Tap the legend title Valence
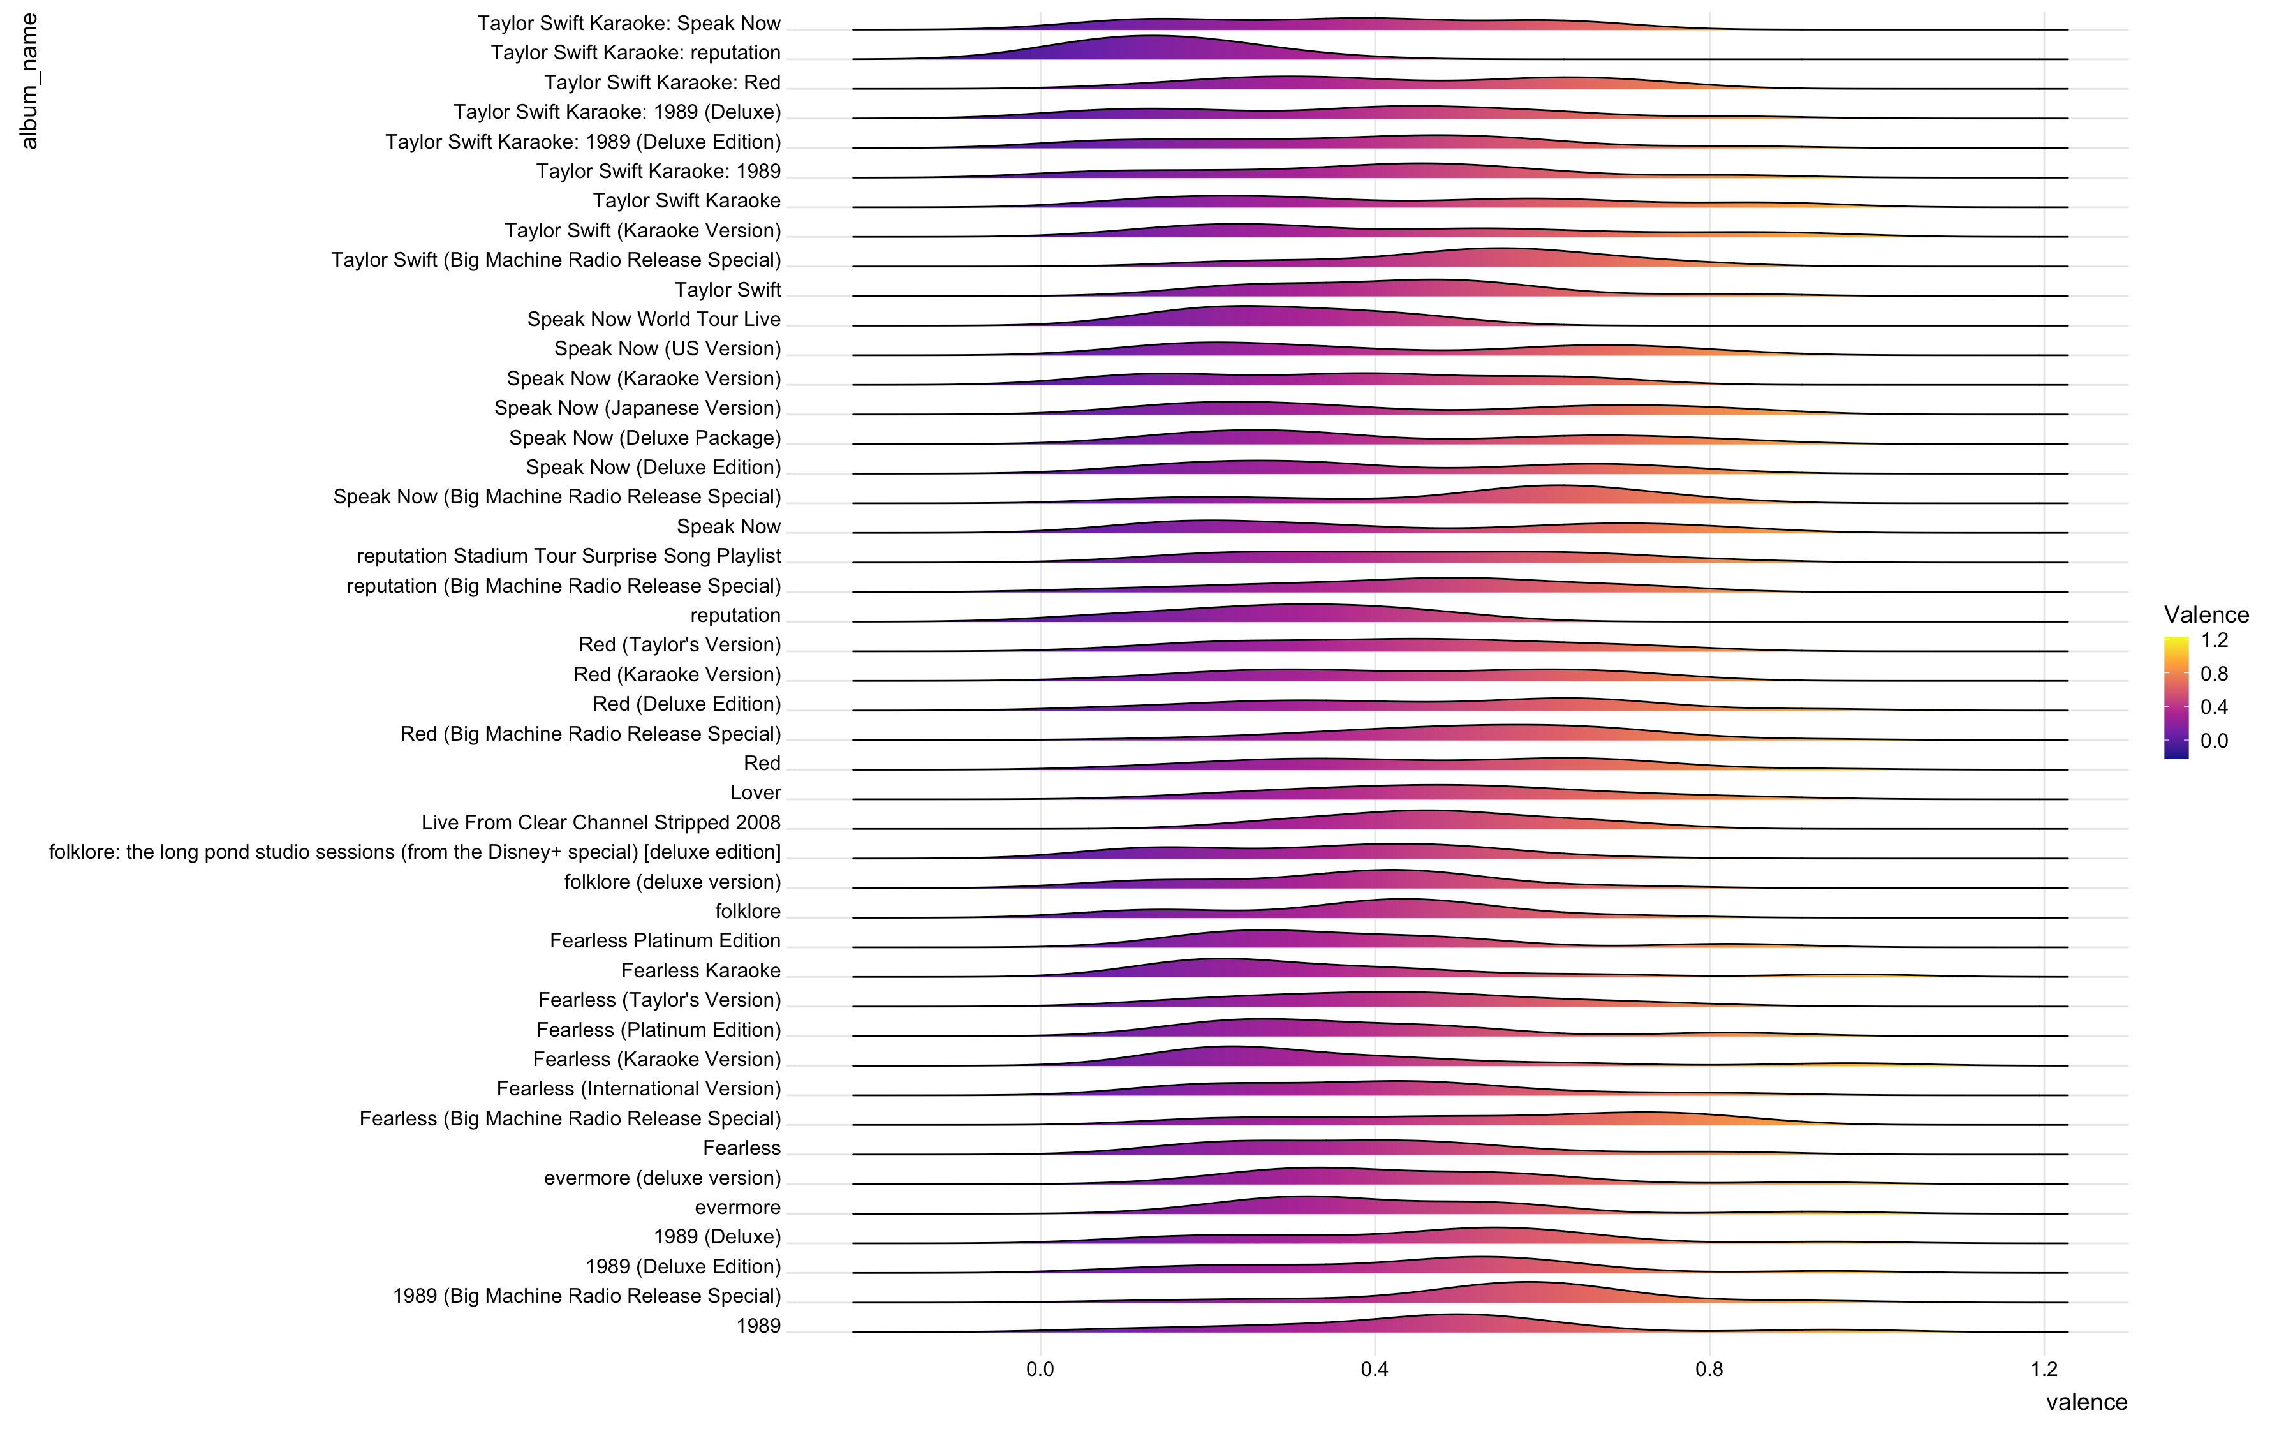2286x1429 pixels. [2206, 614]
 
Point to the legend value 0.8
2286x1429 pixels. [2214, 674]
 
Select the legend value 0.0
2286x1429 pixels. [2214, 741]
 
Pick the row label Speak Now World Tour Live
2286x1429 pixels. [654, 320]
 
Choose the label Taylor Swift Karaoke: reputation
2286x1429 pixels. [635, 53]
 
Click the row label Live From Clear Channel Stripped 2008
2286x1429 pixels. [601, 822]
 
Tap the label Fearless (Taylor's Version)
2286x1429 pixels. [660, 1000]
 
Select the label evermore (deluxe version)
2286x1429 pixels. [662, 1178]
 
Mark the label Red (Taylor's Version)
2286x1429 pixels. [679, 644]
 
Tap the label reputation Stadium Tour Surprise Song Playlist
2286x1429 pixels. [569, 556]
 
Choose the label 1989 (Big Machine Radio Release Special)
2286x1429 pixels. [587, 1296]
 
